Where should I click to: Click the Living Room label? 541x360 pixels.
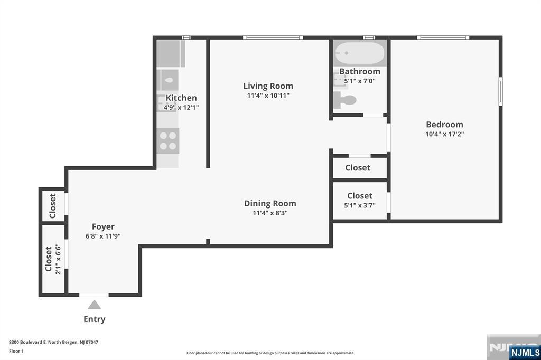point(268,86)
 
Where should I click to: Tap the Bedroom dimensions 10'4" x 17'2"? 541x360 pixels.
point(444,134)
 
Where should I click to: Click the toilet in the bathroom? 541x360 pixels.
point(347,99)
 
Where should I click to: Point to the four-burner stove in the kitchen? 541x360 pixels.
point(168,140)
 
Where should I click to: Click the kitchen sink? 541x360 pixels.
point(169,80)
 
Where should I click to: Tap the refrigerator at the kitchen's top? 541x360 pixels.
point(170,53)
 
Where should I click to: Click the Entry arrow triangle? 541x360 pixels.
point(94,305)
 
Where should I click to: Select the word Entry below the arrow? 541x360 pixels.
point(94,319)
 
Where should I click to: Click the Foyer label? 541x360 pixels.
point(103,227)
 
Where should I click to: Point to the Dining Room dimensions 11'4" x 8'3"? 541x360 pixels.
point(270,213)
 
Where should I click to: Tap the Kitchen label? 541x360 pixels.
point(181,98)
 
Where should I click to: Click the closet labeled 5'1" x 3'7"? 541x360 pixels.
point(360,201)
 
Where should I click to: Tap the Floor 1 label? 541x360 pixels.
point(16,350)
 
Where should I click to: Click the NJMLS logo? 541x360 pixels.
point(525,352)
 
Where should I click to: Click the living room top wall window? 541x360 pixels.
point(273,37)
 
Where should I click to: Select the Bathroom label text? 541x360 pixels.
point(359,71)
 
